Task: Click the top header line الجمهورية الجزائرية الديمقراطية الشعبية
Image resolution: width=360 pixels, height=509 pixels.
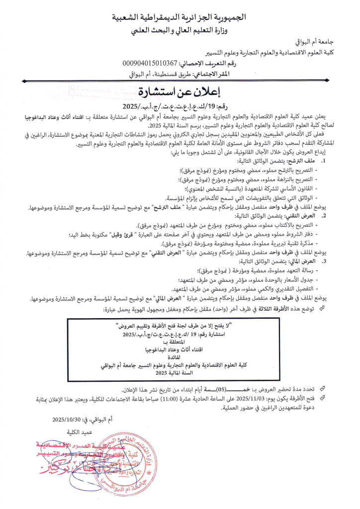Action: [x=180, y=17]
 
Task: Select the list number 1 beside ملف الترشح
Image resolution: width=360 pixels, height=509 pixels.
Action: [x=324, y=162]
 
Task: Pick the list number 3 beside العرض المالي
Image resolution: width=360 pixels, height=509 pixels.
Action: [x=324, y=260]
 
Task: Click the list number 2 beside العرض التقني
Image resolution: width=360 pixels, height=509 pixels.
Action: [x=324, y=216]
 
